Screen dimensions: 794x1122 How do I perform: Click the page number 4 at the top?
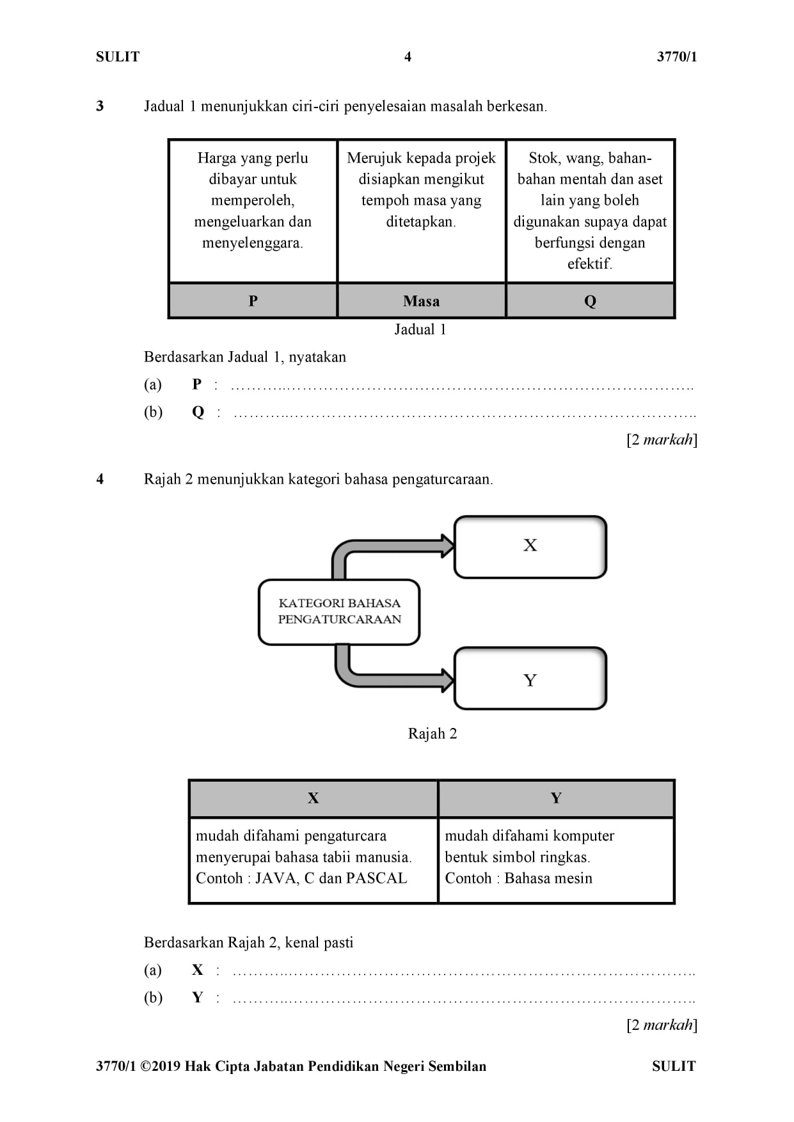pos(408,57)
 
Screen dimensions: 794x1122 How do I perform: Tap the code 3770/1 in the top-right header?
pos(677,57)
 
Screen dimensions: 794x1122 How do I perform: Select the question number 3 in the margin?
pos(100,106)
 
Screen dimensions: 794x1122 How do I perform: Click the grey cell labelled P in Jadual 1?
pos(253,301)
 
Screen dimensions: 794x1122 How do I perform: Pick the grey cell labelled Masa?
pos(422,301)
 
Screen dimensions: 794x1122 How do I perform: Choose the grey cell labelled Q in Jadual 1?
pos(590,301)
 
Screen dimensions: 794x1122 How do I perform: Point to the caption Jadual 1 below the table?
pos(420,329)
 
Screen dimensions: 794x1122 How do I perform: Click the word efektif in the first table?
pos(589,264)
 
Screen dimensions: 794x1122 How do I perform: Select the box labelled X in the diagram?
pos(530,547)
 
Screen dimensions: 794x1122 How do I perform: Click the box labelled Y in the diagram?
pos(530,679)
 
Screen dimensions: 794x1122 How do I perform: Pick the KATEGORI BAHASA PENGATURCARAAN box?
pos(339,612)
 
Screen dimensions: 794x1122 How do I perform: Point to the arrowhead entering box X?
pos(448,546)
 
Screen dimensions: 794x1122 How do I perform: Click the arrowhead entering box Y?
pos(448,679)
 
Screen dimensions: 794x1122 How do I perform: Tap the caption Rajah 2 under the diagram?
pos(433,734)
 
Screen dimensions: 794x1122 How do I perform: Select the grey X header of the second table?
pos(314,798)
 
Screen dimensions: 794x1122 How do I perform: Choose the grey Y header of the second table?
pos(556,798)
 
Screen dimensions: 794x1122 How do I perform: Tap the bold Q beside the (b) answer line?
pos(198,412)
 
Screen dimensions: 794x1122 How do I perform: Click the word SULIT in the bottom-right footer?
pos(674,1066)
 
